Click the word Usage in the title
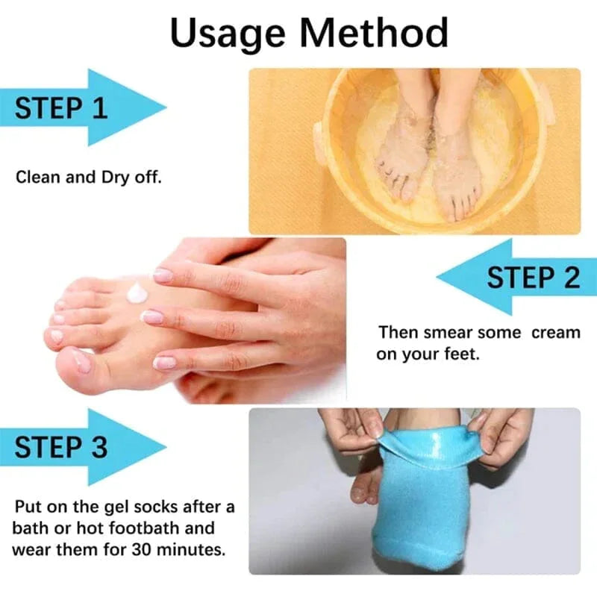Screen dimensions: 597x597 pyautogui.click(x=227, y=34)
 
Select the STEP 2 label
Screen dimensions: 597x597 pyautogui.click(x=533, y=278)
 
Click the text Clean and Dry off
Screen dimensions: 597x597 pyautogui.click(x=87, y=178)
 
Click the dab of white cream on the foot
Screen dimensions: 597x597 pyautogui.click(x=137, y=293)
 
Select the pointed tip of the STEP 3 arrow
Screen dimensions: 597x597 pyautogui.click(x=165, y=447)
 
